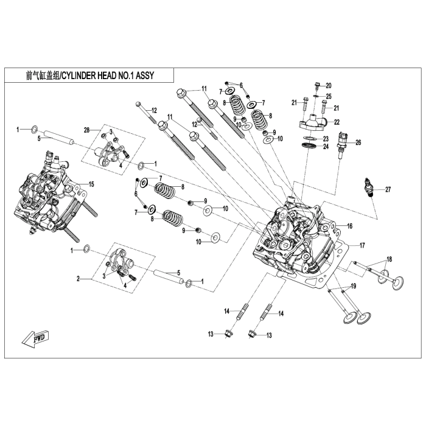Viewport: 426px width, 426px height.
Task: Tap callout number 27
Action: [x=388, y=190]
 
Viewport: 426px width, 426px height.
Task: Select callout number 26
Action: [x=358, y=143]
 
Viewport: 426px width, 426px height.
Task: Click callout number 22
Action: [x=336, y=122]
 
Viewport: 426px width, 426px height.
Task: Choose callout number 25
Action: [x=329, y=96]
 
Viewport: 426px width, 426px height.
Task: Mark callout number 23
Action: [x=326, y=138]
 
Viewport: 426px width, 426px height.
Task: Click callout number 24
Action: [x=326, y=147]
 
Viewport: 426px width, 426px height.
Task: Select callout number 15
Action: [x=92, y=184]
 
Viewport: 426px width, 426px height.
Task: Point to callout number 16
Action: [x=350, y=226]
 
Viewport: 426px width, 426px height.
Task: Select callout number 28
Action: [x=86, y=130]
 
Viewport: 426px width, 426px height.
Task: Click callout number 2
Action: [x=79, y=278]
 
